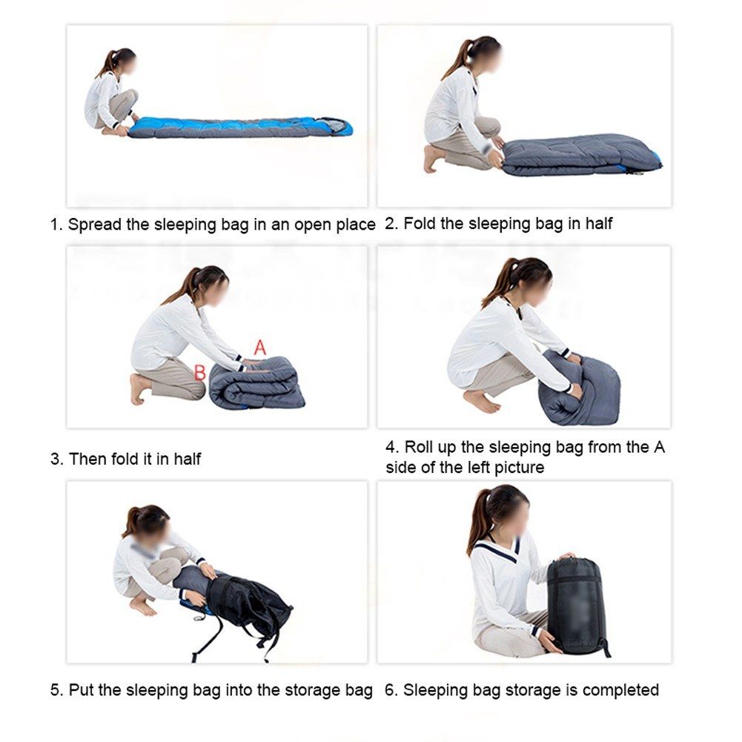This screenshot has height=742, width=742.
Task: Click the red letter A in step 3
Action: [x=259, y=348]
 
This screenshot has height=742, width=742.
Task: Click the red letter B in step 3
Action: [x=200, y=372]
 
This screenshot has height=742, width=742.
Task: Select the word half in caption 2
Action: [x=599, y=223]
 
